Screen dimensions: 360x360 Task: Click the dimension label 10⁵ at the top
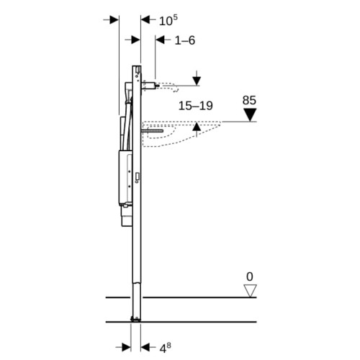click(x=168, y=20)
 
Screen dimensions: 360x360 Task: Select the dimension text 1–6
click(x=185, y=40)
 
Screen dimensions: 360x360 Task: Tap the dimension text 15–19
click(x=196, y=106)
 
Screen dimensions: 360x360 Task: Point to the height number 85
click(x=249, y=100)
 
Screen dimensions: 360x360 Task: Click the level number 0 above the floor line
click(x=250, y=276)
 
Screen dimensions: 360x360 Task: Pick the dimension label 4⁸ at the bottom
click(x=165, y=348)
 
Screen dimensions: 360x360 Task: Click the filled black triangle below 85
click(x=250, y=114)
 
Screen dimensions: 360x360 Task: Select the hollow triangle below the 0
click(x=250, y=291)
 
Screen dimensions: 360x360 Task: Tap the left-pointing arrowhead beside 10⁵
click(x=145, y=19)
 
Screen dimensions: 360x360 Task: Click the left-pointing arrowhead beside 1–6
click(x=160, y=40)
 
